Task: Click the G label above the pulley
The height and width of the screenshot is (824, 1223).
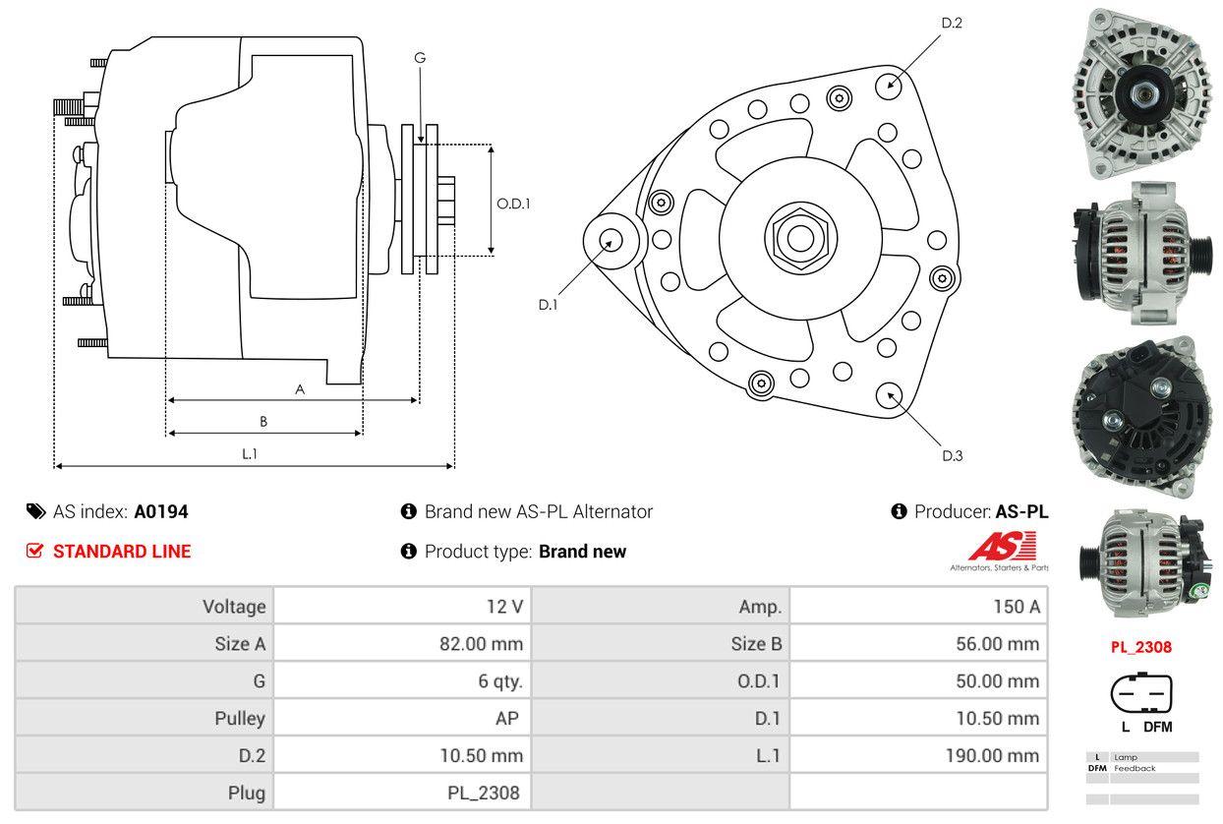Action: [420, 58]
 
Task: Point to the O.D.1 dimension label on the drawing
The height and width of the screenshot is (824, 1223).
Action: [513, 204]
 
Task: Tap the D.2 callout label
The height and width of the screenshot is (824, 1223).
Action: [952, 23]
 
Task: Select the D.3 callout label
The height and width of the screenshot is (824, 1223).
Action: [952, 455]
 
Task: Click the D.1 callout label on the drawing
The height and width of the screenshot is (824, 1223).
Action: [548, 305]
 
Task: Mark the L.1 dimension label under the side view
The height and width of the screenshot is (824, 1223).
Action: [250, 453]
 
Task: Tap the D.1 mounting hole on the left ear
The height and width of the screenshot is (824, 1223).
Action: [610, 240]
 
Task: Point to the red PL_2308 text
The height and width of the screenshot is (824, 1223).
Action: [1141, 647]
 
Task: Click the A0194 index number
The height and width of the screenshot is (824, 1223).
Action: [161, 511]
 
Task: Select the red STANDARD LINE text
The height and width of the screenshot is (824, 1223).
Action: [122, 552]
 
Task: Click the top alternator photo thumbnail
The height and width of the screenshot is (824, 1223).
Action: [1141, 92]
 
